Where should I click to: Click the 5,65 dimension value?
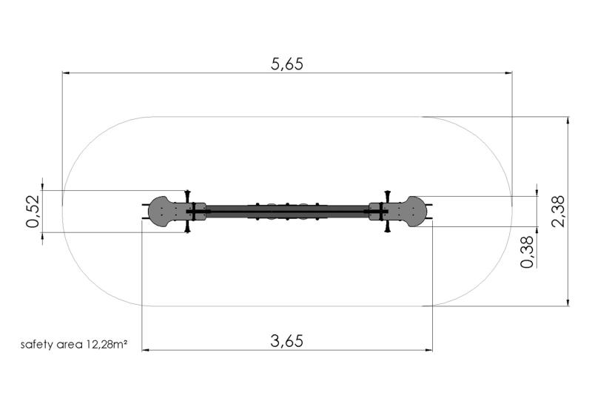[287, 64]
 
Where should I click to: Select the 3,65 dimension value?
[287, 341]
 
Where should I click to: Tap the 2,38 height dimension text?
[558, 211]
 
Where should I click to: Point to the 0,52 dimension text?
[33, 212]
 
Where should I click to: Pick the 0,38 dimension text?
[528, 252]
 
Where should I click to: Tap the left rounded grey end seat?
[162, 212]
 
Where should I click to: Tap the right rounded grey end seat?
[413, 212]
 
